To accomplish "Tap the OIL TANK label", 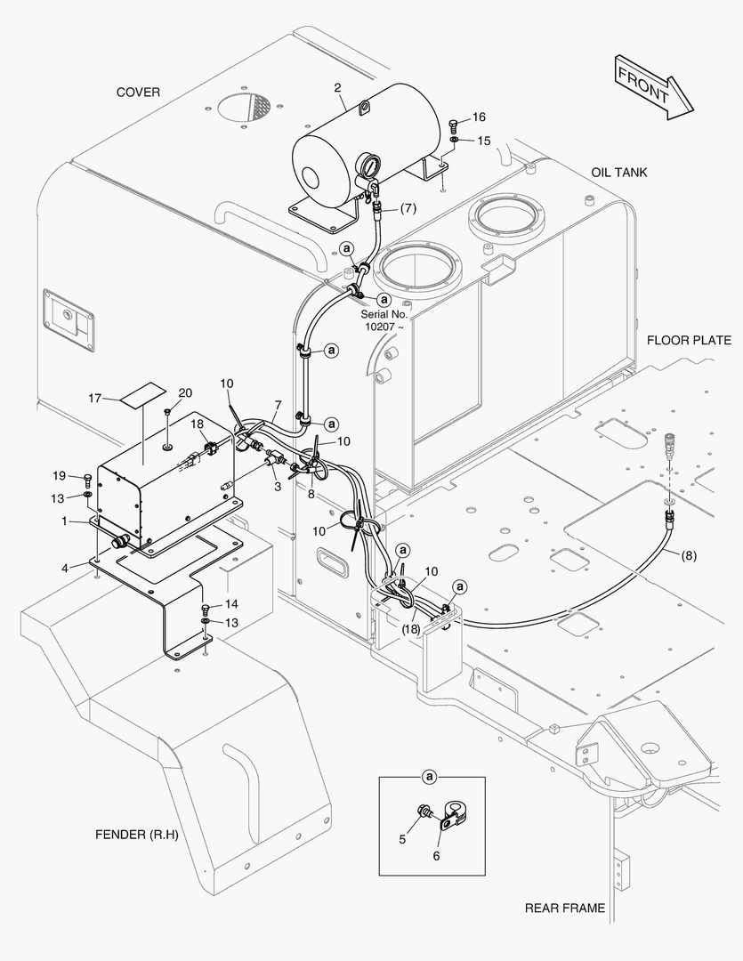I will tap(619, 172).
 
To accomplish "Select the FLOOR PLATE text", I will tap(689, 340).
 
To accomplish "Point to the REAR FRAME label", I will tap(564, 909).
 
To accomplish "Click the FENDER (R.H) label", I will tap(137, 835).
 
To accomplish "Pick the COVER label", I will tap(138, 93).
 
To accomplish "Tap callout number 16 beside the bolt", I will tap(479, 117).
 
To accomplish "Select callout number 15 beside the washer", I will tap(483, 141).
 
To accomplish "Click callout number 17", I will tap(95, 398).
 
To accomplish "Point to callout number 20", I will tap(185, 392).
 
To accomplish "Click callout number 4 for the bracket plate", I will tap(64, 567).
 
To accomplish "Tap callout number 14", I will tap(231, 604).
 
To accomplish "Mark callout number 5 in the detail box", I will tap(402, 838).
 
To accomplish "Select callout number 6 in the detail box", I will tap(436, 856).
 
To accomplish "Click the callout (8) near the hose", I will tap(689, 556).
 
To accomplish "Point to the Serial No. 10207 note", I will tap(384, 320).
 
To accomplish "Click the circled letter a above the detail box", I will tap(431, 777).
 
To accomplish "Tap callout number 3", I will tap(277, 487).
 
